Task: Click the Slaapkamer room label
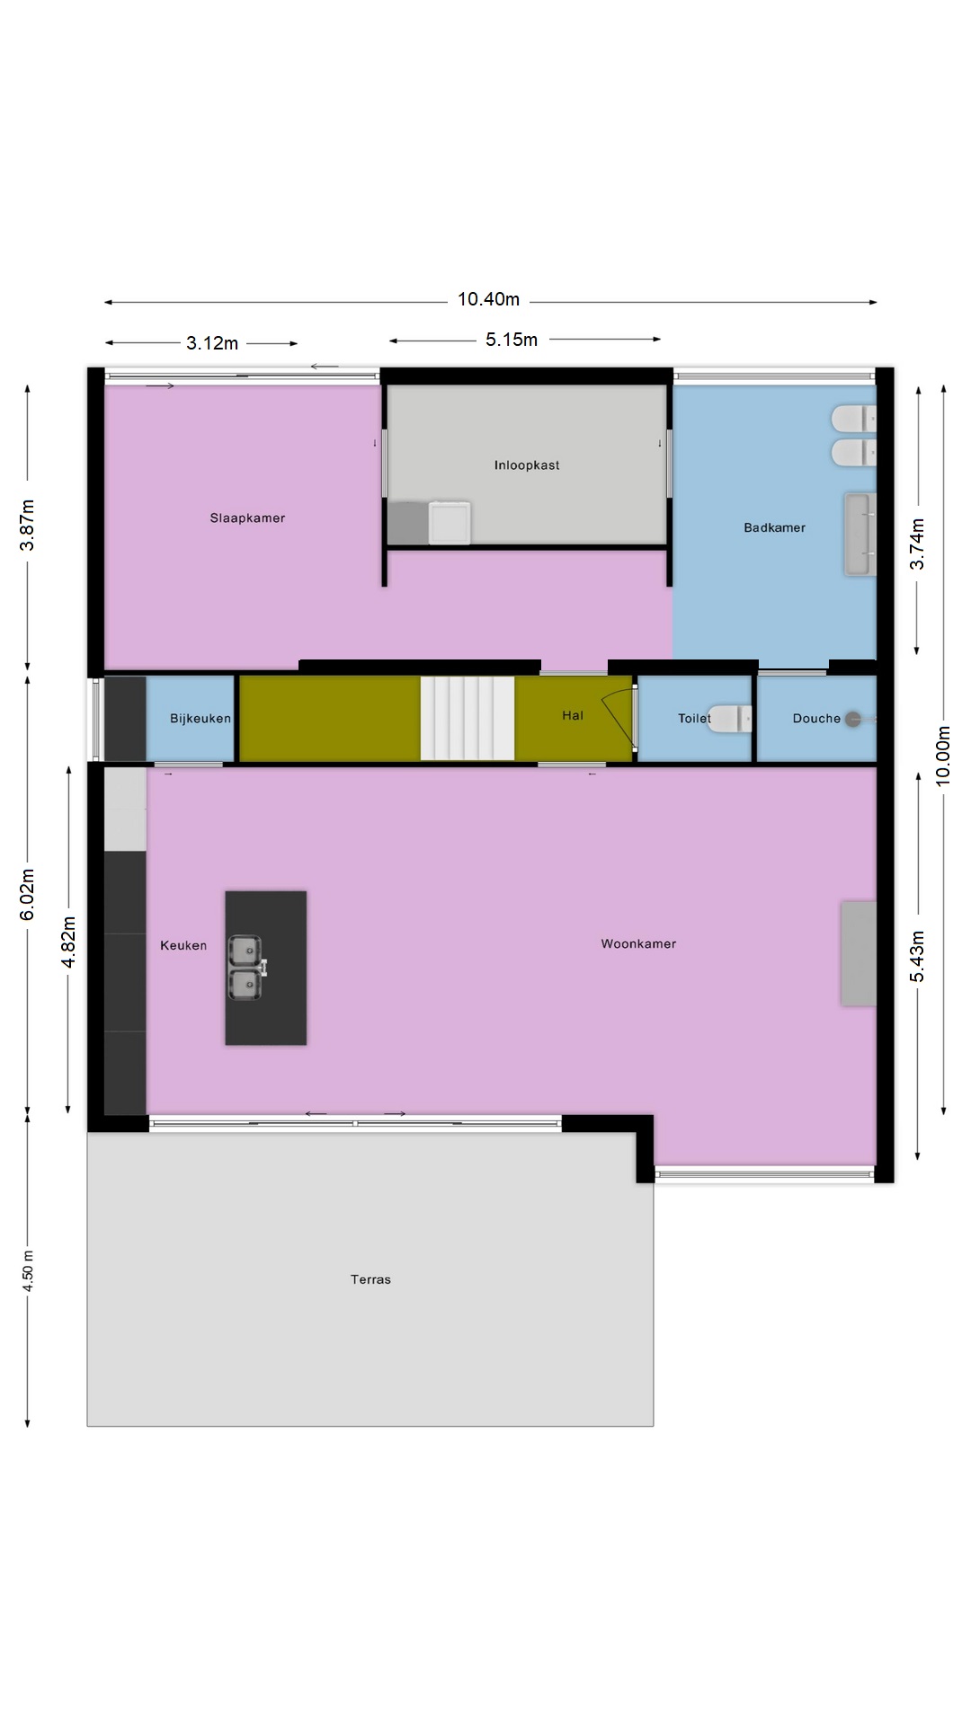coord(247,517)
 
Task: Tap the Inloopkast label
coord(527,465)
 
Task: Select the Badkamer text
coord(774,527)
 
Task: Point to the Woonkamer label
coord(638,943)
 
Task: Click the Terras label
coord(370,1279)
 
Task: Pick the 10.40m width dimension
coord(488,299)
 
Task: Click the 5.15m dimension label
coord(512,340)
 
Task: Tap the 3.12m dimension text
coord(212,343)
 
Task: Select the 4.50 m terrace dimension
coord(28,1271)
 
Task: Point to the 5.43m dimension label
coord(917,957)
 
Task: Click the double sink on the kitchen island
coord(245,968)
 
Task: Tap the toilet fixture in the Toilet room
coord(729,719)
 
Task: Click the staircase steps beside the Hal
coord(468,718)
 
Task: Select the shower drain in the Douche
coord(853,719)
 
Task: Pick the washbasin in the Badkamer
coord(860,534)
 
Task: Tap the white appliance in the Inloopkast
coord(450,523)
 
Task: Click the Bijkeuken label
coord(200,718)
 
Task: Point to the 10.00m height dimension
coord(943,756)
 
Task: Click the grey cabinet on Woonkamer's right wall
coord(859,953)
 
